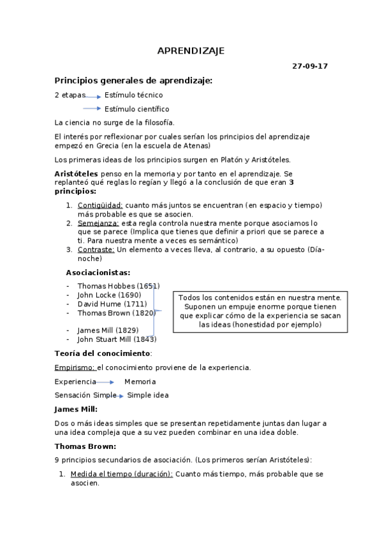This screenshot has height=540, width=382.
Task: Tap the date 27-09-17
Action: point(310,66)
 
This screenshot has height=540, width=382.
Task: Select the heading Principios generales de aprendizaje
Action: point(133,80)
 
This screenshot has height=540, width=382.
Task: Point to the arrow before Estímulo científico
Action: point(92,109)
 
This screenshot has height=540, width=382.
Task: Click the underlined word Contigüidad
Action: point(100,205)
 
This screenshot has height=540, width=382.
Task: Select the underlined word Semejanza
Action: point(98,223)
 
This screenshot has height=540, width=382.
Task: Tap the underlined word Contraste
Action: point(96,250)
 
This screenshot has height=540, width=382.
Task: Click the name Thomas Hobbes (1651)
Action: point(118,286)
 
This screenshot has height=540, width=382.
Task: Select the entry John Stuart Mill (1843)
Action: point(116,339)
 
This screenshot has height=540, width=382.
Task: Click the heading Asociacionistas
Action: point(98,272)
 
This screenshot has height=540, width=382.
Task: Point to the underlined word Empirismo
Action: point(75,367)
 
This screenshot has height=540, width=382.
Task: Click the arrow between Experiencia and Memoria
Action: point(105,382)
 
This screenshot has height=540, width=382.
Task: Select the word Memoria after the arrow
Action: point(140,381)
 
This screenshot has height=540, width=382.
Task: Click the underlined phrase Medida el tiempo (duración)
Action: point(121,474)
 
